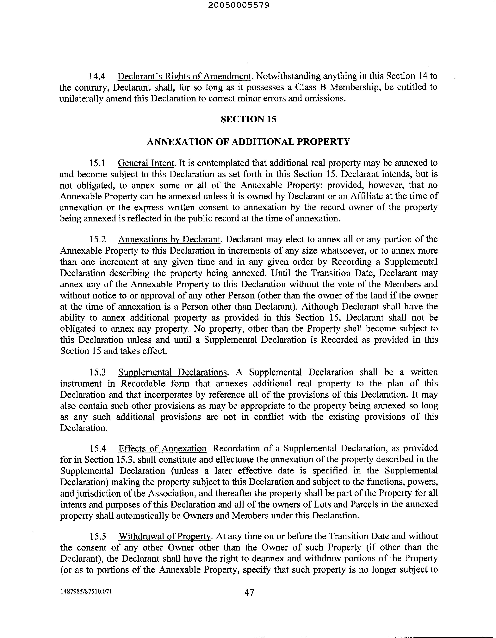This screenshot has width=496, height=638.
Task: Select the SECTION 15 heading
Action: point(248,119)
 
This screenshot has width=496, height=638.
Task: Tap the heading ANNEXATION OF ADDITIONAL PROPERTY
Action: point(248,142)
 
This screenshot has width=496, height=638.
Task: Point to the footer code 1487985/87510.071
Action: point(86,591)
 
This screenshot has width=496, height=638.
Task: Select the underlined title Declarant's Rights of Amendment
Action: point(184,76)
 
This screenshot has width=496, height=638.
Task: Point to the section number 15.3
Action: point(97,372)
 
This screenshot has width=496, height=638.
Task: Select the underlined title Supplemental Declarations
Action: point(173,372)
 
